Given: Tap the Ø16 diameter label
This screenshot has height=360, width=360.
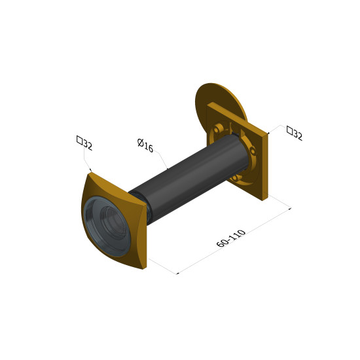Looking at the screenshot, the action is pyautogui.click(x=145, y=145).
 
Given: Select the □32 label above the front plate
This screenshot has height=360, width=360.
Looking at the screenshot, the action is pyautogui.click(x=84, y=143).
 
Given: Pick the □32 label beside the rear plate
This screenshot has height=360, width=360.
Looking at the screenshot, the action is pyautogui.click(x=295, y=133).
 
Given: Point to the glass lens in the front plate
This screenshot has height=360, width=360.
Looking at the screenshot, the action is pyautogui.click(x=107, y=227).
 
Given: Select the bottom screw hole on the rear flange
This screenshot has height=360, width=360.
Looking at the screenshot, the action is pyautogui.click(x=234, y=177).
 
